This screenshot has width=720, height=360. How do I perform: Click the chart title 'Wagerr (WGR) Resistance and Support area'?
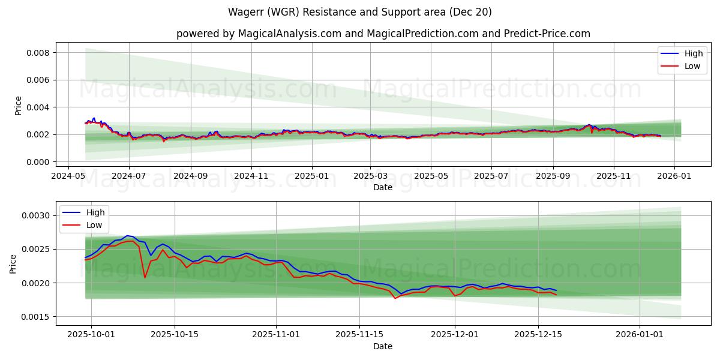point(359,12)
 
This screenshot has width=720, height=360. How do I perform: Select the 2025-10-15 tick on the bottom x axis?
point(175,335)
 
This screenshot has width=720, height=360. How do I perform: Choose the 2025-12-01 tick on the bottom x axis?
point(455,335)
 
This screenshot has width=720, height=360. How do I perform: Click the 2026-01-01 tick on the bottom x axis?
point(640,335)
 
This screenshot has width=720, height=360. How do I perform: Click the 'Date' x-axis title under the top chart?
point(383,187)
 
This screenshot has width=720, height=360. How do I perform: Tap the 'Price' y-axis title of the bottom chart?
point(13,263)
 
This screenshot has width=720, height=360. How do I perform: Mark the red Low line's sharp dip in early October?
point(145,277)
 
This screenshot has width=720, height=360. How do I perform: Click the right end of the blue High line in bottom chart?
point(556,290)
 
